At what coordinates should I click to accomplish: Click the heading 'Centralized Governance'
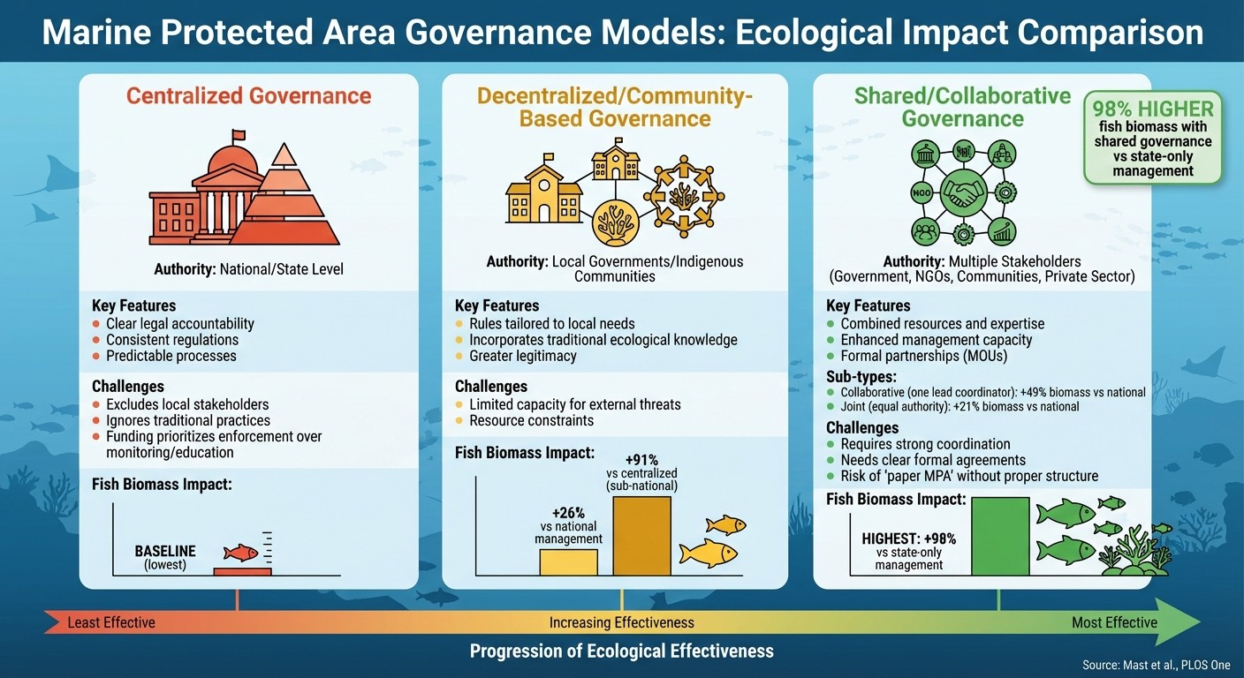pyautogui.click(x=248, y=95)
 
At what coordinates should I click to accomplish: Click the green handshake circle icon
pyautogui.click(x=962, y=192)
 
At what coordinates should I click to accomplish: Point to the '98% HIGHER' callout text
pyautogui.click(x=1153, y=109)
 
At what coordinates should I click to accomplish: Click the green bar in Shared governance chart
pyautogui.click(x=1000, y=536)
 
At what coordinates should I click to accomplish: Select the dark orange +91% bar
pyautogui.click(x=641, y=535)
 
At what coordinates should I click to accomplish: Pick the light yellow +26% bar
pyautogui.click(x=568, y=561)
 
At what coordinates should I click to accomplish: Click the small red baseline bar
pyautogui.click(x=242, y=571)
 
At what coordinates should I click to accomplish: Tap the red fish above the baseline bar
pyautogui.click(x=239, y=553)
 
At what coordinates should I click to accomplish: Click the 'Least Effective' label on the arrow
pyautogui.click(x=111, y=622)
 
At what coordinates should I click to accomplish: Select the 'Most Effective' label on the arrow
pyautogui.click(x=1113, y=622)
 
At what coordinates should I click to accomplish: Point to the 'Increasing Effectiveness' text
pyautogui.click(x=621, y=622)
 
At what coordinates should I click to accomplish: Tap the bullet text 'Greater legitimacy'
pyautogui.click(x=522, y=356)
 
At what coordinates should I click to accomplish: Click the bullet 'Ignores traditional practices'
pyautogui.click(x=188, y=420)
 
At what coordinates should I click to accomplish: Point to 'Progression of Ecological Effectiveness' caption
pyautogui.click(x=621, y=652)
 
